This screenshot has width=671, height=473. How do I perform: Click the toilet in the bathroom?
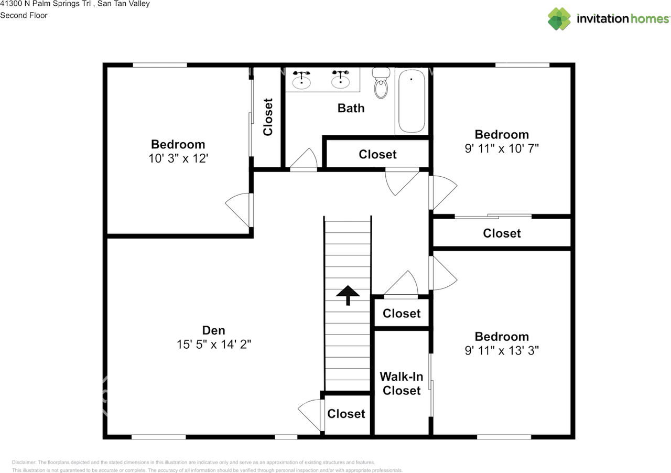tap(381, 83)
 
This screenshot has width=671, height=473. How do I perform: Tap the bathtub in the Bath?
tap(412, 101)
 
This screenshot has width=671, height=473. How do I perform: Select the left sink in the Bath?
tap(301, 80)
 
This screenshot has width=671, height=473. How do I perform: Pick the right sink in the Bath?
tap(340, 80)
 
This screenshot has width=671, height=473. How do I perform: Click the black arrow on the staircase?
tap(348, 295)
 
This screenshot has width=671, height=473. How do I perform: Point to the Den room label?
tap(213, 330)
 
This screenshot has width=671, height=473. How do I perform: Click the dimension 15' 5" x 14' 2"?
tap(213, 345)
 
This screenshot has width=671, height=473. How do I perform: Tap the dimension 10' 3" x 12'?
tap(178, 158)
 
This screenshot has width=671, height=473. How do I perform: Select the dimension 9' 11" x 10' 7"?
tap(502, 148)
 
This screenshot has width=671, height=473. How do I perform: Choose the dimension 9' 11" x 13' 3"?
tap(502, 350)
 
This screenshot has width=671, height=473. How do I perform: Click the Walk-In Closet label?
tap(402, 383)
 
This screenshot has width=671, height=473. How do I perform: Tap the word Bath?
tap(351, 108)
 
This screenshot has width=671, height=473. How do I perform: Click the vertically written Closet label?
tap(267, 117)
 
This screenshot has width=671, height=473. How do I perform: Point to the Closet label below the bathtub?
tap(377, 154)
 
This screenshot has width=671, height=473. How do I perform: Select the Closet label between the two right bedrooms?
tap(502, 233)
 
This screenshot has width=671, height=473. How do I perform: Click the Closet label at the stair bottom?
tap(346, 414)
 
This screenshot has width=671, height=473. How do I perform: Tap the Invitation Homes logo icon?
tap(559, 19)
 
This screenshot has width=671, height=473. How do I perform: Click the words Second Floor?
tap(24, 15)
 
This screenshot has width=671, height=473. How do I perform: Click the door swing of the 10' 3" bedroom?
tap(237, 207)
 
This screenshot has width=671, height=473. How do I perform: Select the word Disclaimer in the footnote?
tap(24, 462)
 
